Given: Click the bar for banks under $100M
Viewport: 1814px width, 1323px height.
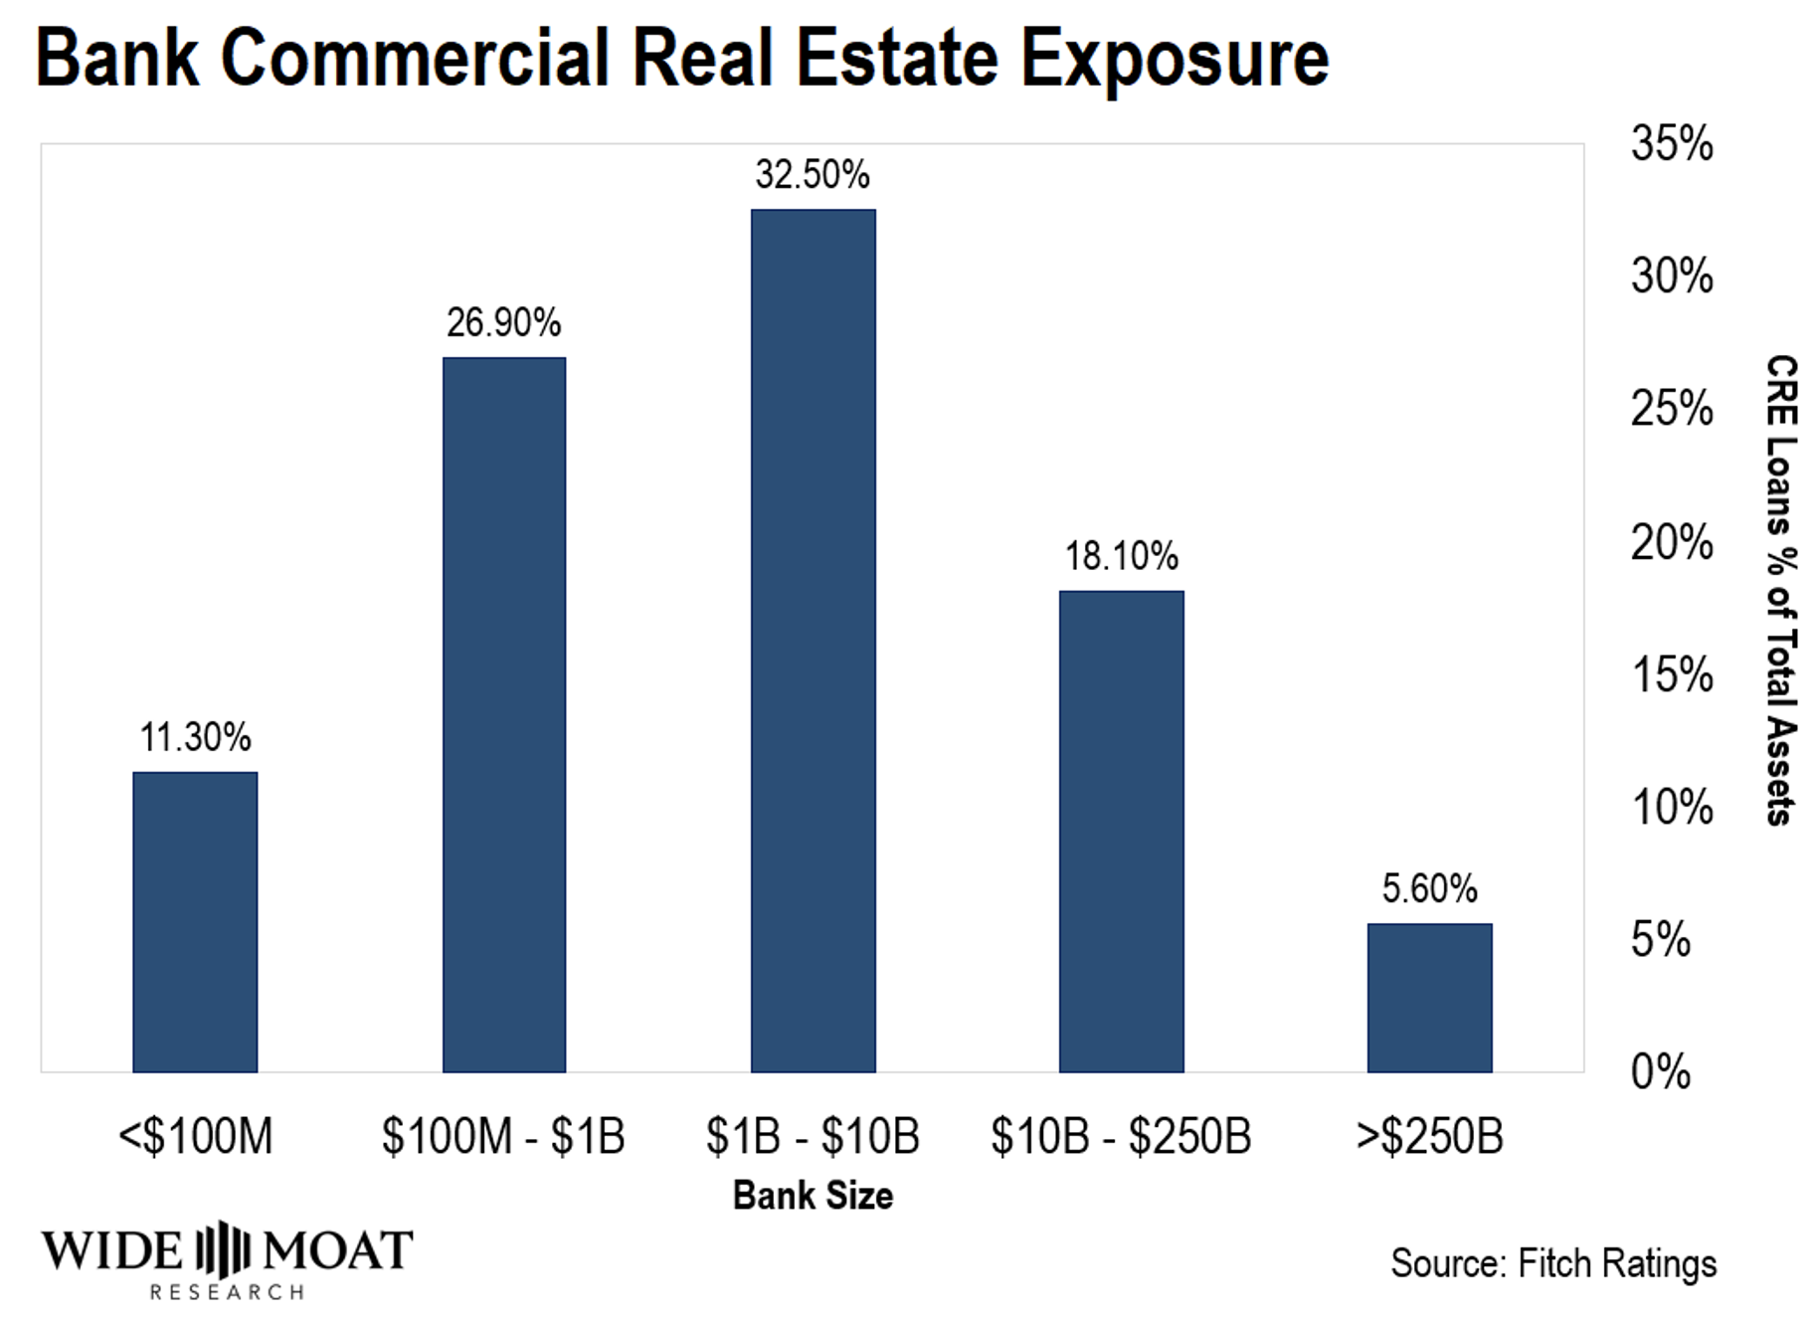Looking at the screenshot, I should [x=195, y=922].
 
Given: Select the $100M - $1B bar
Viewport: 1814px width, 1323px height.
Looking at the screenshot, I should [x=504, y=714].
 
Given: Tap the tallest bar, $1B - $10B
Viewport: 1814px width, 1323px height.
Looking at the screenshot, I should [x=813, y=641].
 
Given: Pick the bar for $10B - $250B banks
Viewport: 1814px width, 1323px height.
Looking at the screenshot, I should [x=1121, y=832].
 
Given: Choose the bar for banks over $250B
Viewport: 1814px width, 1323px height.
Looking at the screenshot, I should [x=1429, y=998].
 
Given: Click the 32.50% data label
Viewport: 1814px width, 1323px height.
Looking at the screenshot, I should [x=813, y=175].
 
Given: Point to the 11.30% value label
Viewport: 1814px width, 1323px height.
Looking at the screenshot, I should [x=195, y=738].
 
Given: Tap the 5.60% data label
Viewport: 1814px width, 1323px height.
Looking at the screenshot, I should [x=1429, y=889].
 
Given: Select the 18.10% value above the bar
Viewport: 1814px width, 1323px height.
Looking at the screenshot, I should [x=1121, y=556].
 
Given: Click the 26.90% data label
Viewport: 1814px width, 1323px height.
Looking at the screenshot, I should [x=504, y=323].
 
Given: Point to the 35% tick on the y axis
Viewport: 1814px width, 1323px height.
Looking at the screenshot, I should [x=1672, y=144].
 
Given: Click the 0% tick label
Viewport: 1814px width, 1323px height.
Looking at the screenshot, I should [x=1660, y=1072].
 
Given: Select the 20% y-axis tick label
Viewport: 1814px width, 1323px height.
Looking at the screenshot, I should [x=1672, y=543].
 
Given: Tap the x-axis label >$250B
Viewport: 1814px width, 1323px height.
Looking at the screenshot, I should [x=1429, y=1136].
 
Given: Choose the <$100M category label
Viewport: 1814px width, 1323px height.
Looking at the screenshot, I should [x=195, y=1136].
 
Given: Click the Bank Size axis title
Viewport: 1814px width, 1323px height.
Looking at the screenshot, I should [x=813, y=1196].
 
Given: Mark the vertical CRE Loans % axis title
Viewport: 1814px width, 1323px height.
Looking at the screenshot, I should [x=1781, y=590].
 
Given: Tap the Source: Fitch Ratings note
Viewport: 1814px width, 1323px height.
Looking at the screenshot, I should [x=1553, y=1263].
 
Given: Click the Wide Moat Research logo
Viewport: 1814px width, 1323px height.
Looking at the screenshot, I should [x=227, y=1259].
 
